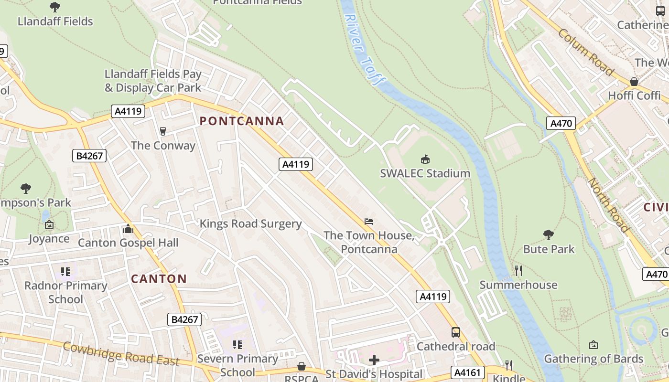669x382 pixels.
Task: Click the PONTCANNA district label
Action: point(242,121)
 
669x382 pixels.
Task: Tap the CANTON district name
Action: point(159,279)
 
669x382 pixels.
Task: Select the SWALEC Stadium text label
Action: point(425,173)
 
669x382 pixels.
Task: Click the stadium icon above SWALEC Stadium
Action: point(425,159)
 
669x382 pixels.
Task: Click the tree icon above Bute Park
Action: point(549,234)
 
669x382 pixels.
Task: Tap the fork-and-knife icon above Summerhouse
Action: point(518,271)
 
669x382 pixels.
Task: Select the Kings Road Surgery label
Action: point(250,224)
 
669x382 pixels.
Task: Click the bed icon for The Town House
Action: point(368,222)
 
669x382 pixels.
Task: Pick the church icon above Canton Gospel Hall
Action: point(128,229)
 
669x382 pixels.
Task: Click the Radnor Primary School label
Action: point(66,292)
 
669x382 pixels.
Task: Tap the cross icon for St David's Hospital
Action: point(374,360)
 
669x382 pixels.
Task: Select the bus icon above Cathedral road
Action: point(456,332)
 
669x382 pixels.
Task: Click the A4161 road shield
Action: point(468,372)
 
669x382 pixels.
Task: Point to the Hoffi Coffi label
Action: point(634,95)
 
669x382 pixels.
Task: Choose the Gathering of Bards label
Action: point(593,359)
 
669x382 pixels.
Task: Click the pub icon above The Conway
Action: point(163,131)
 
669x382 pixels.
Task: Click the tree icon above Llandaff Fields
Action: point(55,7)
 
